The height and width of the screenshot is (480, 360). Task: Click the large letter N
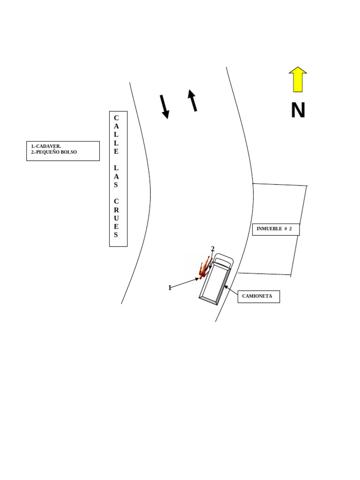click(x=298, y=111)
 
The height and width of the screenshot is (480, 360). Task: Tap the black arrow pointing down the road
click(x=164, y=106)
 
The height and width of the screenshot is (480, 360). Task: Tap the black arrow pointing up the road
click(x=192, y=100)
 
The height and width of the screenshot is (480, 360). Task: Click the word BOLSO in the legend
click(x=67, y=152)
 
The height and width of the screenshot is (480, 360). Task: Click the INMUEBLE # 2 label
click(x=275, y=229)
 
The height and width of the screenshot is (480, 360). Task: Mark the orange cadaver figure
click(x=205, y=268)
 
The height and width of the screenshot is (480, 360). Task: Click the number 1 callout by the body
click(x=170, y=288)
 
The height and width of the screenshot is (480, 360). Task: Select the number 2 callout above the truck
click(x=212, y=249)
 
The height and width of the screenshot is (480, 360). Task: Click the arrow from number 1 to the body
click(x=185, y=283)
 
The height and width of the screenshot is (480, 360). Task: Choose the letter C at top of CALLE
click(x=116, y=118)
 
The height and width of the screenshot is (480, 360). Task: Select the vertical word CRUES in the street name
click(x=116, y=218)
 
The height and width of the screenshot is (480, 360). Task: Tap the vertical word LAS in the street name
click(x=116, y=176)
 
